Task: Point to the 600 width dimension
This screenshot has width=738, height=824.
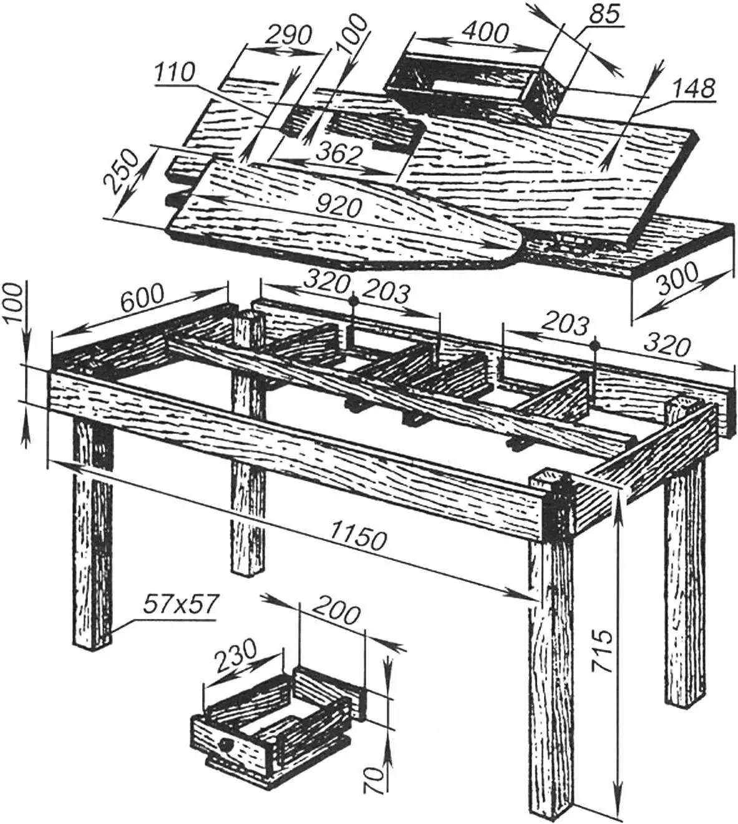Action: tap(142, 301)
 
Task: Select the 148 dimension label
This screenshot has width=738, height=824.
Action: tap(695, 89)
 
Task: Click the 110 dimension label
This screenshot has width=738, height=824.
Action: tap(175, 74)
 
